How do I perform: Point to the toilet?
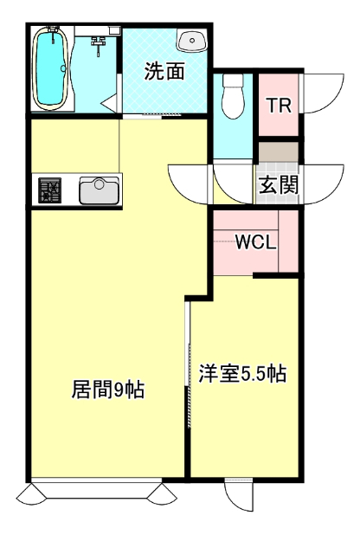(234, 98)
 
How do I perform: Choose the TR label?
(278, 106)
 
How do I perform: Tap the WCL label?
(256, 242)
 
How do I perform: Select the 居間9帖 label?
(106, 390)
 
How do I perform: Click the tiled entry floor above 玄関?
(278, 157)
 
